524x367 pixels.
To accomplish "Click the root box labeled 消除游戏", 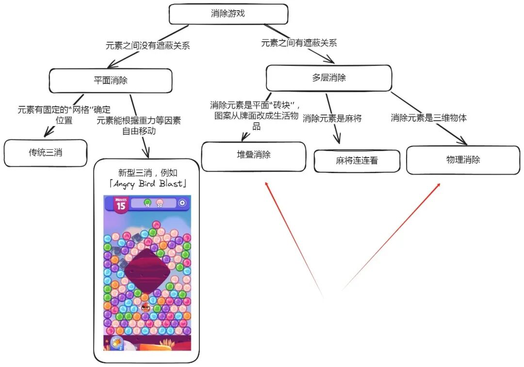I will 228,14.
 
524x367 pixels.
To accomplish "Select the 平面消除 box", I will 111,80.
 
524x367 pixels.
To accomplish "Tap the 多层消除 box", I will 328,78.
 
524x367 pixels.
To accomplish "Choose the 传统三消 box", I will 46,153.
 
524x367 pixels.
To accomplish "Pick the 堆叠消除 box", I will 253,156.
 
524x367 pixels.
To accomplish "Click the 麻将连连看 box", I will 357,161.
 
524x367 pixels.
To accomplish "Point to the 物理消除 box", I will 463,160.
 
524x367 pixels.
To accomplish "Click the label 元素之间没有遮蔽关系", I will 147,46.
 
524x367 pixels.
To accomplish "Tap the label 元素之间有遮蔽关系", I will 299,43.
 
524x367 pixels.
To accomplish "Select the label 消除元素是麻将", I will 332,118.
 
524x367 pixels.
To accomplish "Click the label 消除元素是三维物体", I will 429,117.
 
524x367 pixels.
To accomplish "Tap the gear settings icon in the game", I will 182,203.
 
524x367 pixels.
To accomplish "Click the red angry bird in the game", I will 146,307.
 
